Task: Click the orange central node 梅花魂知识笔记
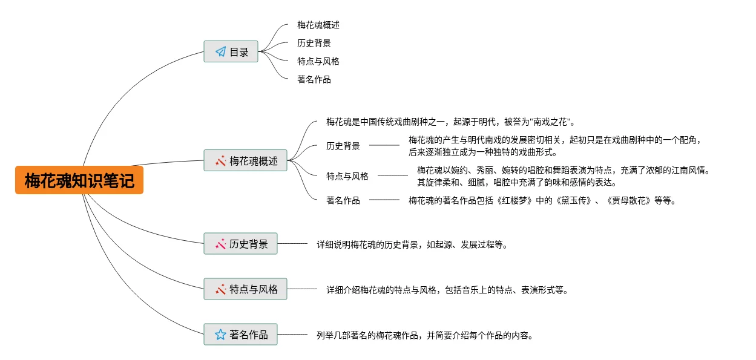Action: (x=79, y=180)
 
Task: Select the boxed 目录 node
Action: (x=231, y=52)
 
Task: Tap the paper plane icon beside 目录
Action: (x=220, y=52)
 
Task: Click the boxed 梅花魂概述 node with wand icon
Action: (x=245, y=161)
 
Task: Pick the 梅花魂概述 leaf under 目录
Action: (x=318, y=25)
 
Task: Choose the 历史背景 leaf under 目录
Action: (x=314, y=43)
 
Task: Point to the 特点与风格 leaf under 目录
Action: (x=318, y=61)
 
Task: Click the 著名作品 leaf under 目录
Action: (x=314, y=79)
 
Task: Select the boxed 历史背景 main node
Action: (x=240, y=244)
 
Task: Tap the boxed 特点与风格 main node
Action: (x=245, y=289)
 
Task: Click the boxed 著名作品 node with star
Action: (x=240, y=335)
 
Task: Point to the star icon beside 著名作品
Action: (x=220, y=335)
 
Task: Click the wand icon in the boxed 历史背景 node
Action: (x=220, y=244)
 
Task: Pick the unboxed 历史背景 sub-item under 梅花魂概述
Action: (x=343, y=146)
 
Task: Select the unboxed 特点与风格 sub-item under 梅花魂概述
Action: (x=347, y=176)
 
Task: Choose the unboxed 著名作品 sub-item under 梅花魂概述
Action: (x=343, y=200)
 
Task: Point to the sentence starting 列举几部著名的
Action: (x=425, y=335)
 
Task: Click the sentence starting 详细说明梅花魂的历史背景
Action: (x=412, y=244)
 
